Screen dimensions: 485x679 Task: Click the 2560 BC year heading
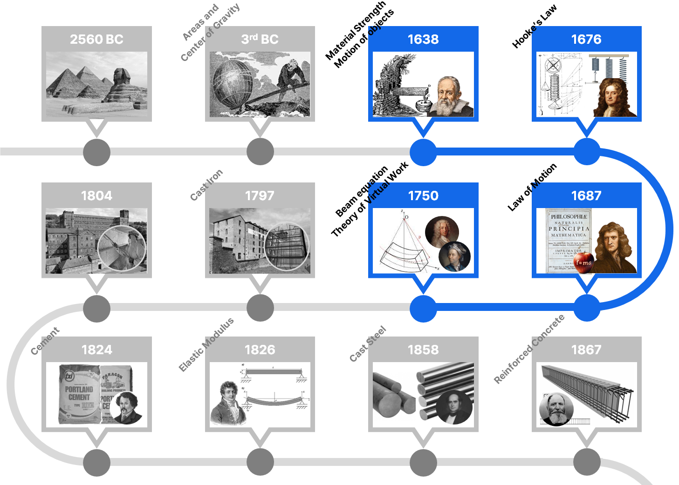(x=96, y=39)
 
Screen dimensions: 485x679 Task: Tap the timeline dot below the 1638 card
(x=423, y=152)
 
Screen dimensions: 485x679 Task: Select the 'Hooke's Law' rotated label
(x=534, y=27)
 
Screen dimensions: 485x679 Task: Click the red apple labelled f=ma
(x=583, y=263)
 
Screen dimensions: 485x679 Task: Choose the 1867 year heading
(x=586, y=350)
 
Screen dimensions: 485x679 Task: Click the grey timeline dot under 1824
(x=96, y=463)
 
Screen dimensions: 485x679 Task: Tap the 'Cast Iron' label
(x=206, y=185)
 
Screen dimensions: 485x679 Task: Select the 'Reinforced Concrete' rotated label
(x=529, y=349)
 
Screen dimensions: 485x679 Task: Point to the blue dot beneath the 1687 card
(x=586, y=308)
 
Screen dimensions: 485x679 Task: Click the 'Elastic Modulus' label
(x=206, y=345)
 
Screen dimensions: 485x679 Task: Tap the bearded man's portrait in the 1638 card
(x=449, y=97)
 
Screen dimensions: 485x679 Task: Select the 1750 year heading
(x=423, y=195)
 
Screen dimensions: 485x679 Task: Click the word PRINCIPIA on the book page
(x=569, y=229)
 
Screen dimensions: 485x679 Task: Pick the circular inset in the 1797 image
(x=286, y=247)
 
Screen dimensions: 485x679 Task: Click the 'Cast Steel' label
(x=368, y=344)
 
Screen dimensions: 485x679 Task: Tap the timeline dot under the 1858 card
(x=423, y=463)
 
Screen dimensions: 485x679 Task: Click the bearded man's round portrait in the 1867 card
(x=556, y=410)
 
